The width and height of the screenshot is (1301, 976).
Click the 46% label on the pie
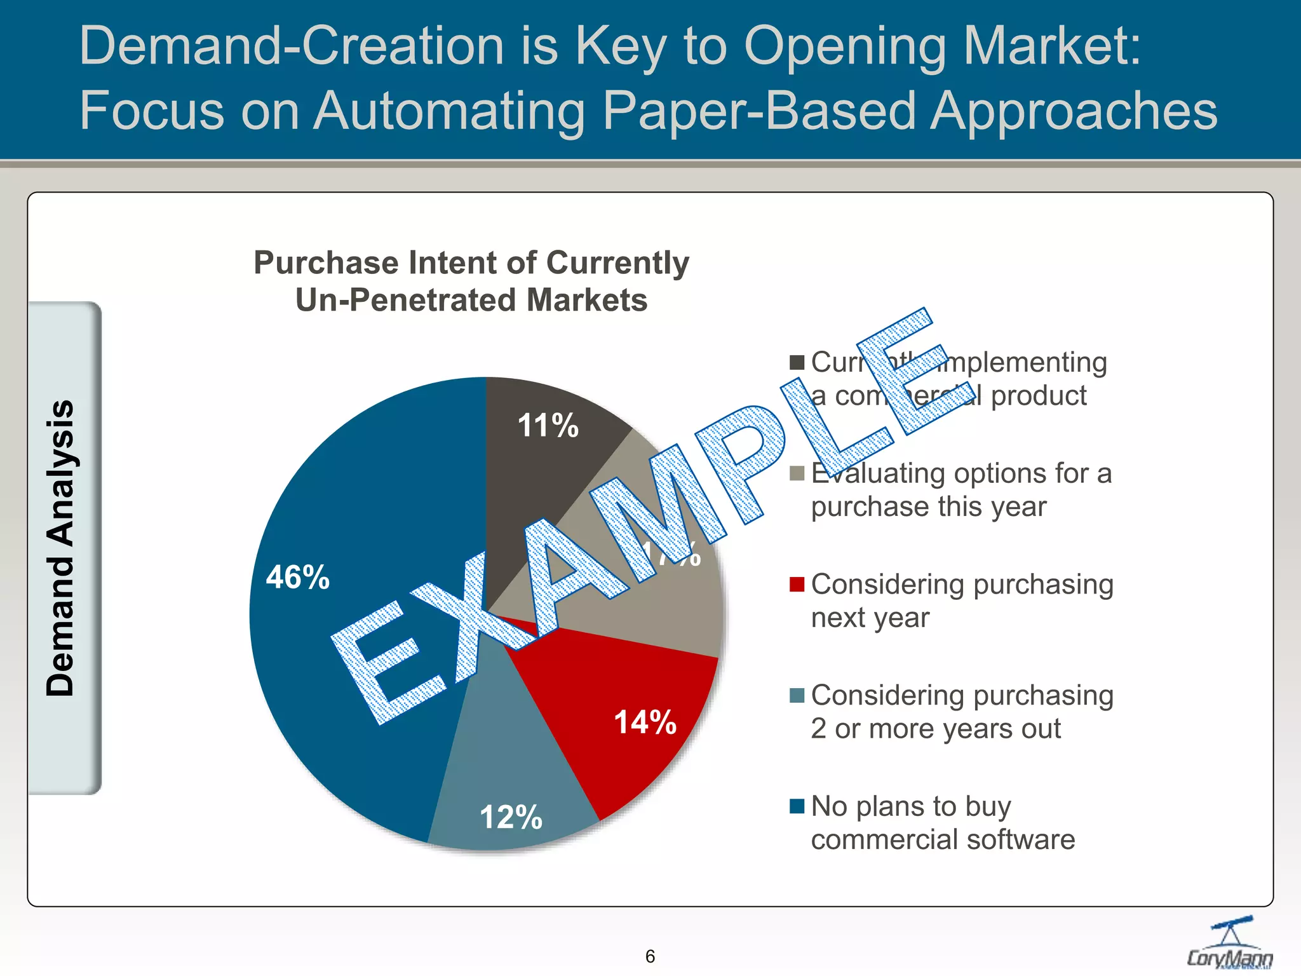coord(297,577)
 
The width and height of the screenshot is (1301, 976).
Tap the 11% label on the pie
coord(548,425)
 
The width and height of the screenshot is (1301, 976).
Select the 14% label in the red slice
coord(645,722)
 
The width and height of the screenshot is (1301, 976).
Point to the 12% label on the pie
coord(511,817)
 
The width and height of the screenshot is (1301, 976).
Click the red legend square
coord(797,584)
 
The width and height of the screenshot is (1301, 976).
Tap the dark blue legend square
coord(797,806)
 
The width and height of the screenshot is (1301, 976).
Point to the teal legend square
coord(797,695)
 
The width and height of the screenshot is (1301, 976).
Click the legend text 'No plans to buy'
coord(910,806)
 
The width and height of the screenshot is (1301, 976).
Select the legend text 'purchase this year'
coord(928,507)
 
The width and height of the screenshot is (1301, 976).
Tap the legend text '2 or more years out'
coord(935,729)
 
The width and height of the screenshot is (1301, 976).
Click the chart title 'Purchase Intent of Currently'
coord(471,263)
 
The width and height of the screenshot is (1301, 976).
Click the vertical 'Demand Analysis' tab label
coord(61,548)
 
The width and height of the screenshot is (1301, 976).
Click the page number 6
coord(650,956)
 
